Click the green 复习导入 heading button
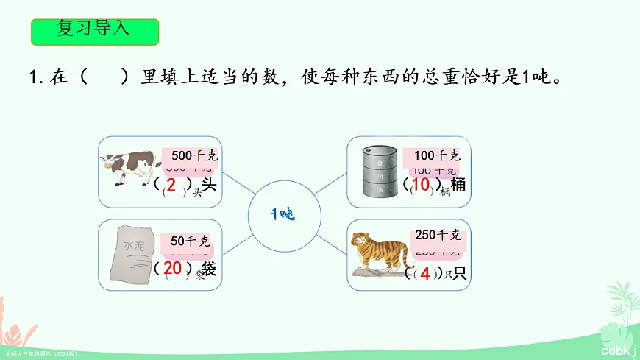[x=95, y=30]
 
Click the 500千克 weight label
[x=194, y=156]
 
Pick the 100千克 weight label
[x=437, y=155]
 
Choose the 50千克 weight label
[x=191, y=241]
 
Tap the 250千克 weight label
[x=438, y=235]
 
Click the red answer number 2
[x=171, y=184]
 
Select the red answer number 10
[x=421, y=185]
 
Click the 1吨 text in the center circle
[x=282, y=214]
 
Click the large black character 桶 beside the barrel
[x=458, y=186]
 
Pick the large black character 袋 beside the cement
[x=209, y=269]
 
